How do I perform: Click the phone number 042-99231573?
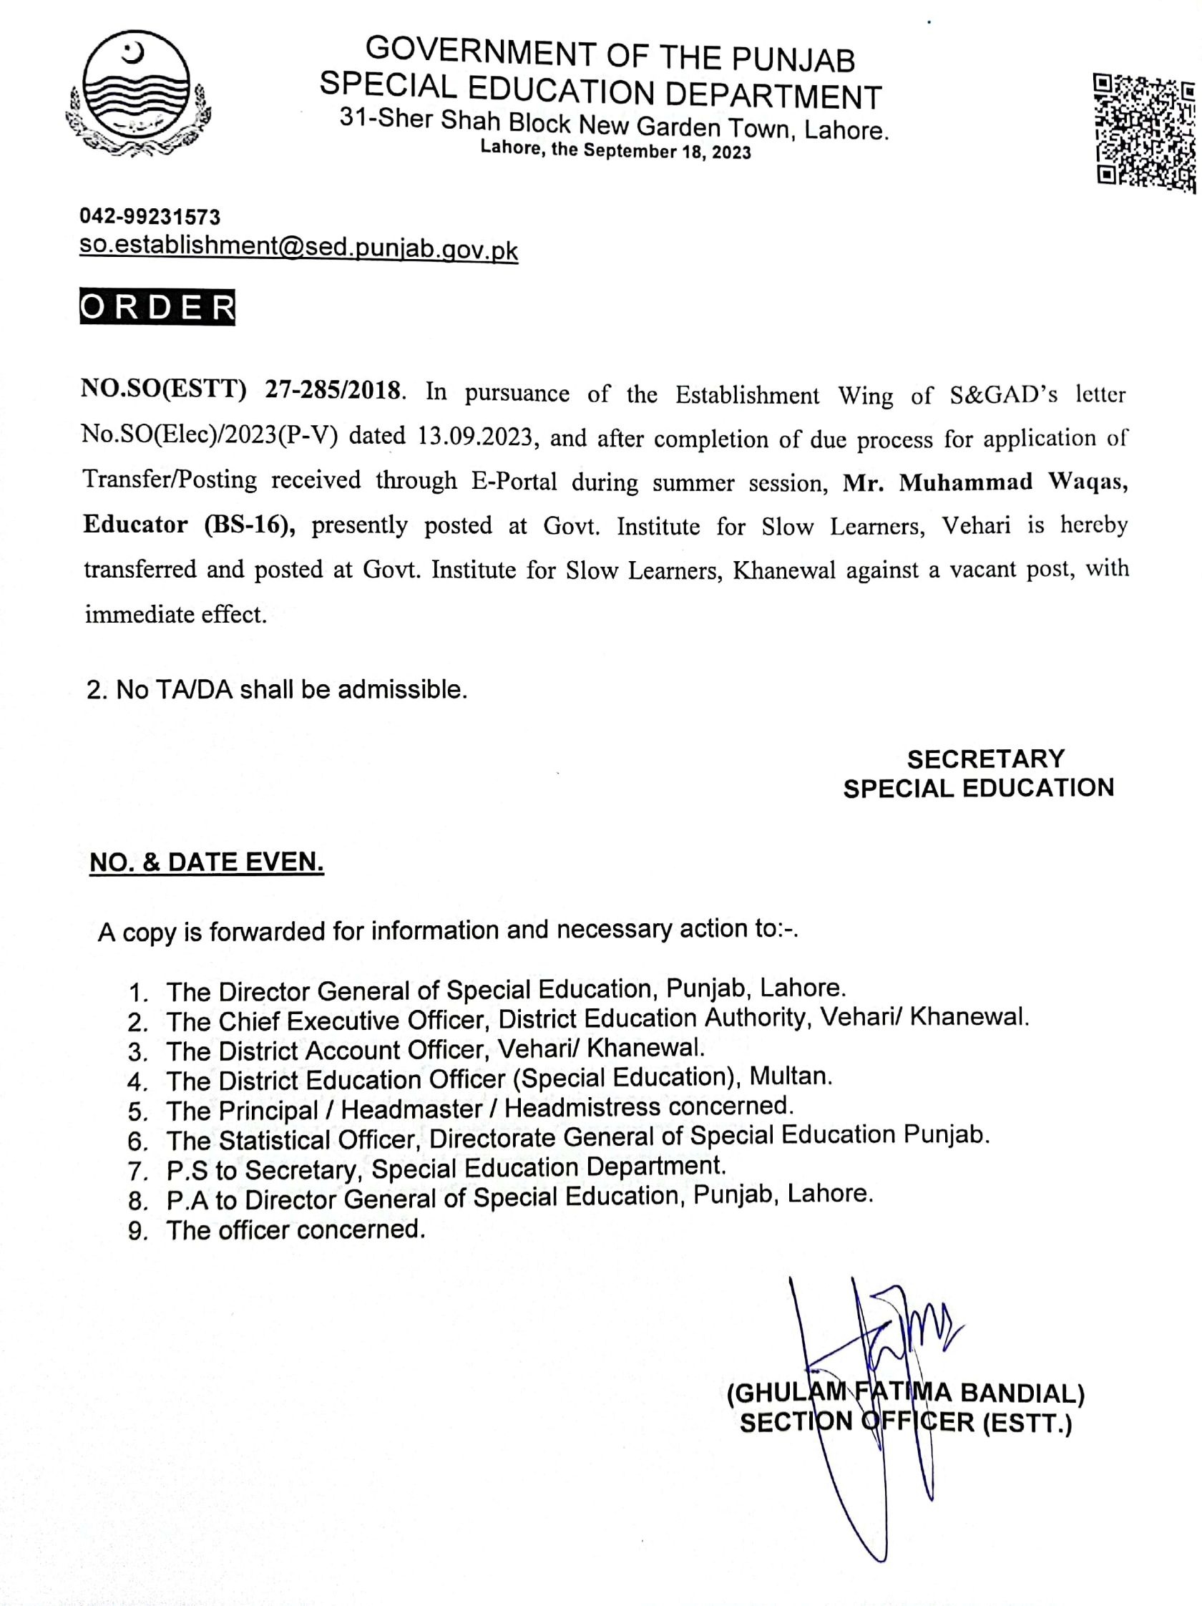[150, 216]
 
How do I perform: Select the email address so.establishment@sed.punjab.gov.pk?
[298, 248]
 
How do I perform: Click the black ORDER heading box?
[157, 308]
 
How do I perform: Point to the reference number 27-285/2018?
[333, 391]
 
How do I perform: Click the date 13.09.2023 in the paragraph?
[477, 437]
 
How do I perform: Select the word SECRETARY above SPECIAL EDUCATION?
[985, 759]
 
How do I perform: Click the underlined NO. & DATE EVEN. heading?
[206, 862]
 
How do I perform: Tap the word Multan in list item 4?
[790, 1076]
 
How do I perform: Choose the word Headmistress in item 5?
[582, 1108]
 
